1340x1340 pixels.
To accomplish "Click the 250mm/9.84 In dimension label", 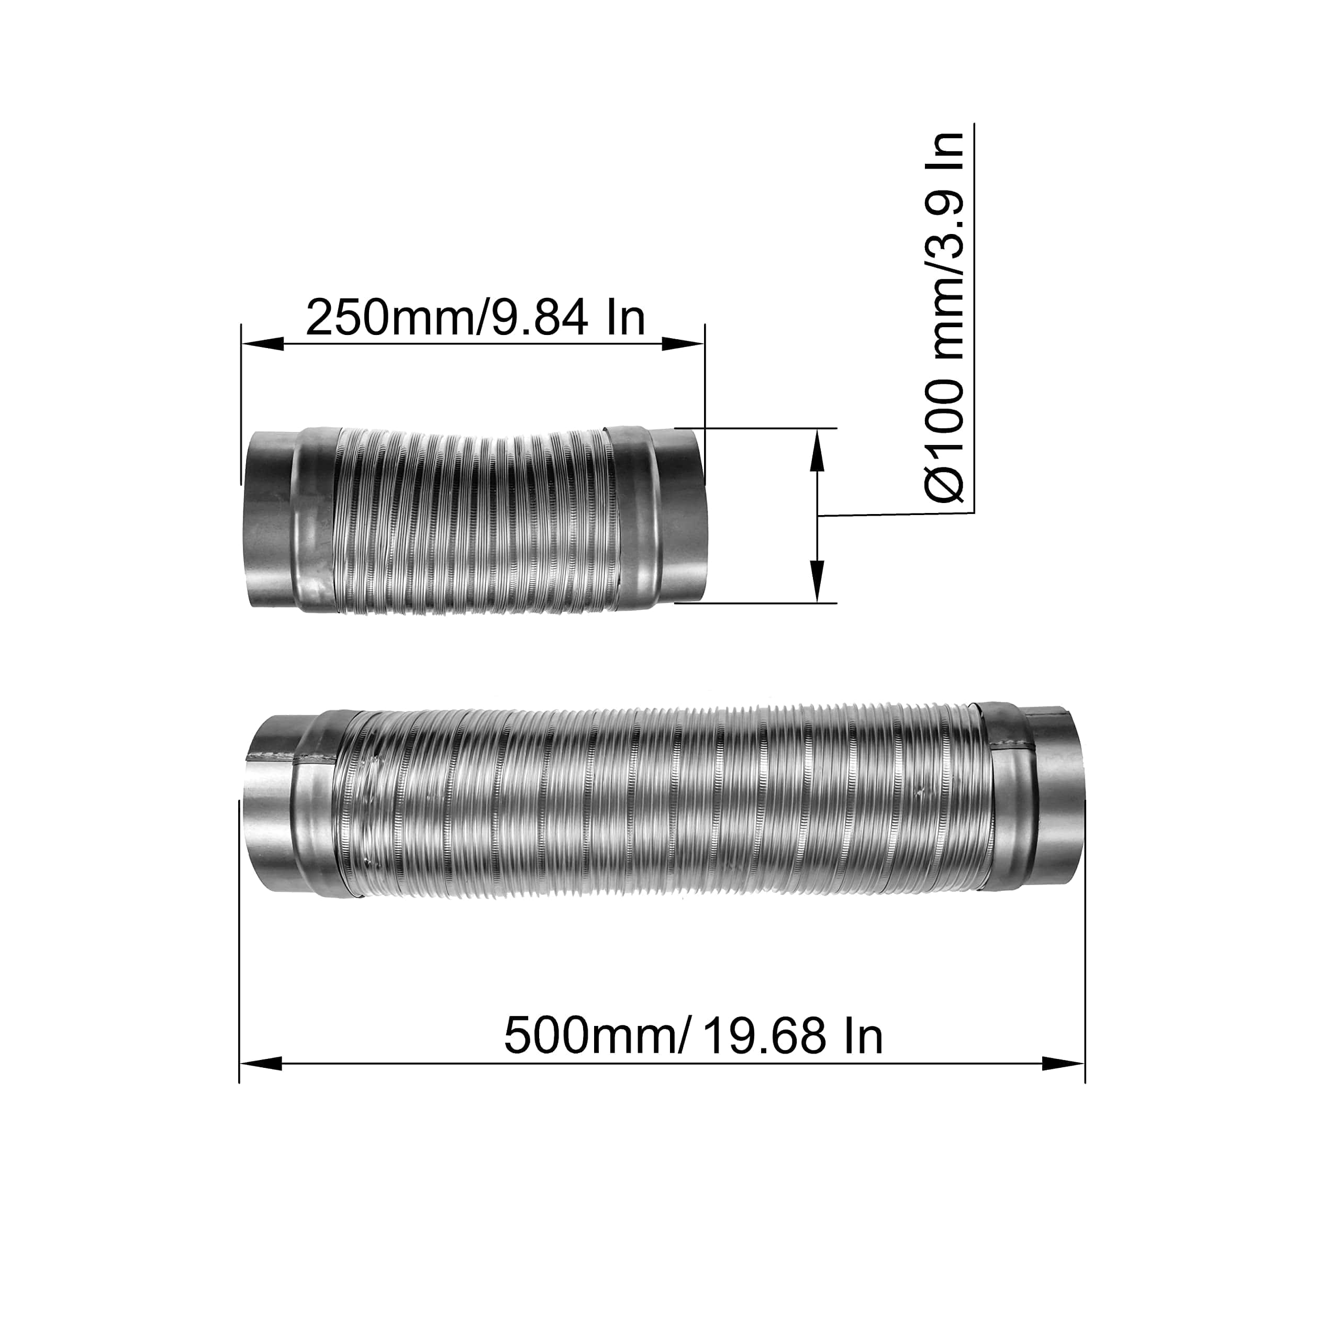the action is (475, 317).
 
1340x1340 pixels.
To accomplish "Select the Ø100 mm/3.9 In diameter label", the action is (945, 316).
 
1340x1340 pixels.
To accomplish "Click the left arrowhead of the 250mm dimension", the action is (263, 343).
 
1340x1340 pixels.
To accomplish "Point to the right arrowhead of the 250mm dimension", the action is (683, 343).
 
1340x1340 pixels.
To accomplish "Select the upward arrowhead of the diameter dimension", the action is (819, 451).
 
